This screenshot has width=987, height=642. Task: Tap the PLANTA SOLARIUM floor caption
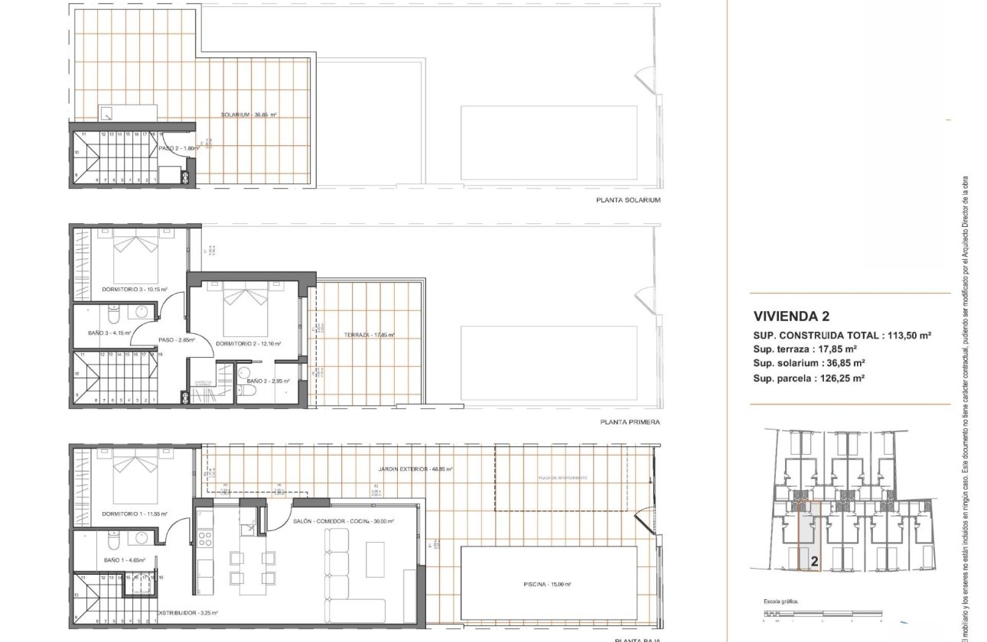(627, 200)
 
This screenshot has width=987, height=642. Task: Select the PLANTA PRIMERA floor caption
(630, 422)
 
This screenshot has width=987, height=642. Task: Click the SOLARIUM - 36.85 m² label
(249, 115)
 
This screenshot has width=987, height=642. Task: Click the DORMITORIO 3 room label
(134, 290)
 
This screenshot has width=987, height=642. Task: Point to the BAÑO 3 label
(109, 333)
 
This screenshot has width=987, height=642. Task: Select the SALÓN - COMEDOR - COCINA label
(343, 521)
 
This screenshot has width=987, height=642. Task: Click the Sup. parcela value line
(809, 378)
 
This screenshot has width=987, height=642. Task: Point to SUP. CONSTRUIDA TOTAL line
(842, 336)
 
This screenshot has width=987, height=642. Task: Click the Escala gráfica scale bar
(822, 613)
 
